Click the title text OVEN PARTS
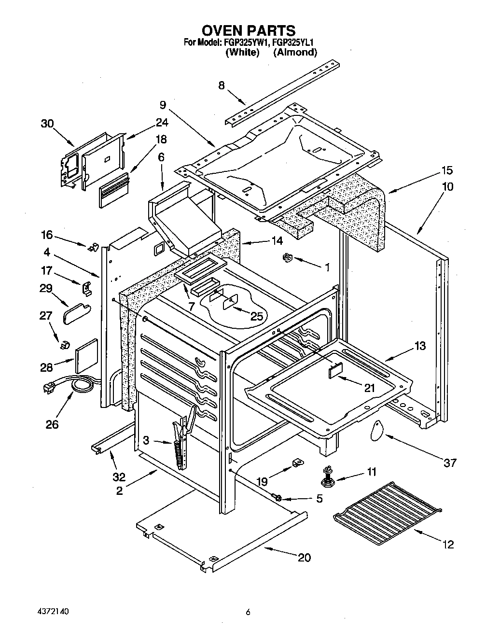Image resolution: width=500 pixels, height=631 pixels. (248, 30)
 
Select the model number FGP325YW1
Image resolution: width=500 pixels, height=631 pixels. (252, 42)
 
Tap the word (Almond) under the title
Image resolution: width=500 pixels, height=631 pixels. (295, 52)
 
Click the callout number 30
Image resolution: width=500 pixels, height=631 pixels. (47, 124)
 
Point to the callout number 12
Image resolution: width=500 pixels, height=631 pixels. (448, 545)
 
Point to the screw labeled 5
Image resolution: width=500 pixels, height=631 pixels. (278, 497)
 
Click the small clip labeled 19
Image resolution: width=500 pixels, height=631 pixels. (297, 464)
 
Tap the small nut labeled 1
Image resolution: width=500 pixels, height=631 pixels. (287, 258)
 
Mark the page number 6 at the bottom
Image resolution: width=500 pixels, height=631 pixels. (248, 612)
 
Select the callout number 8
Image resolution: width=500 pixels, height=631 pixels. (222, 85)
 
